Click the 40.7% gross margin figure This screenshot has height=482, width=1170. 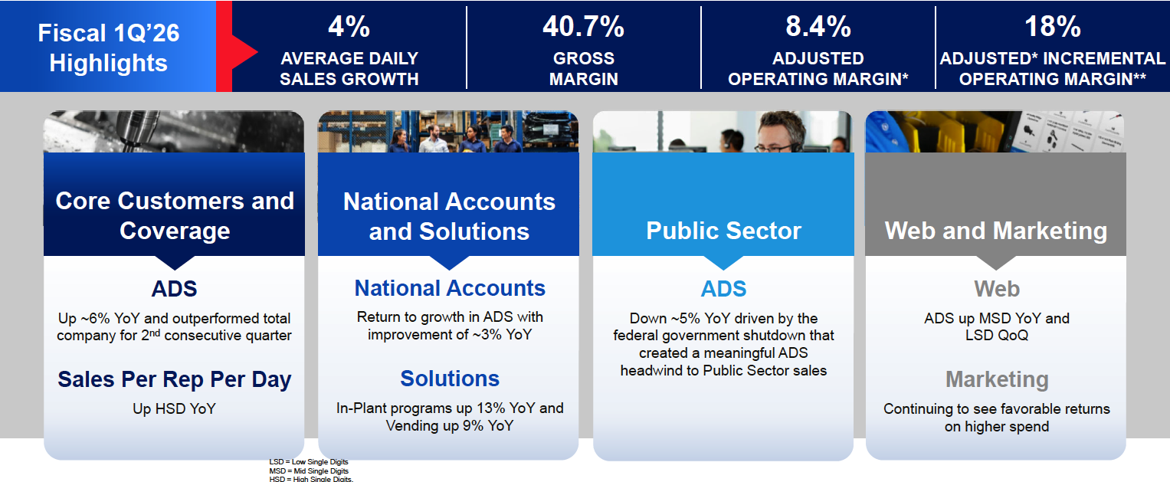coord(583,27)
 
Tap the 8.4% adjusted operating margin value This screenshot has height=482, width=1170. coord(818,27)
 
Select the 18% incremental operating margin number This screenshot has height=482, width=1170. coord(1052,27)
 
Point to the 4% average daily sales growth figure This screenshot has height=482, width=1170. coord(349,27)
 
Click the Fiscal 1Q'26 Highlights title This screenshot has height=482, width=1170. coord(108,48)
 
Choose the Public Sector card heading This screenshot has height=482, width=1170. coord(723,231)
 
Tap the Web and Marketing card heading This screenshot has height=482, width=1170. coord(995,231)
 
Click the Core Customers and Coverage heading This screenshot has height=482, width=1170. coord(175,215)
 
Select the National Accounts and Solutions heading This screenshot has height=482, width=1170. coord(449,216)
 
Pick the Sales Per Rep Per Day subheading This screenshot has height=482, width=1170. coord(175,379)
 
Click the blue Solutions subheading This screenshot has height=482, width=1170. coord(450,379)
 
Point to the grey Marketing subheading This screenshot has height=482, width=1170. coord(996,379)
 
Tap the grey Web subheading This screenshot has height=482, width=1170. coord(996,289)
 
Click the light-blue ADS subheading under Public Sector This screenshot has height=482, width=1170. coord(723,289)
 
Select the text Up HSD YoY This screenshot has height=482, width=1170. coord(175,408)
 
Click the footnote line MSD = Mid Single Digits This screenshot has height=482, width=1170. coord(309,471)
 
